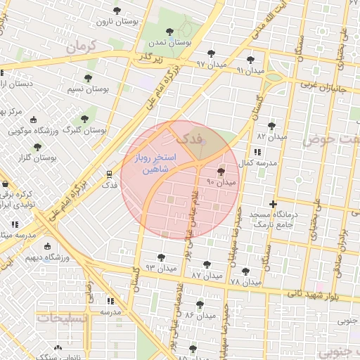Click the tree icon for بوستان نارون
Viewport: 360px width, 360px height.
(x=117, y=11)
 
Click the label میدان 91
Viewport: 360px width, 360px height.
(x=250, y=70)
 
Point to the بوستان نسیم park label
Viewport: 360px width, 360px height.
(x=86, y=89)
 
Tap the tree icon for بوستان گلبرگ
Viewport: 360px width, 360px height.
(x=85, y=119)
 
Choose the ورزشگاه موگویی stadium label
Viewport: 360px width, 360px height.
(x=37, y=130)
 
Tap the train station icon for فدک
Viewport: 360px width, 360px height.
(x=109, y=174)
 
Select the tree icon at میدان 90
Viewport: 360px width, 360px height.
(x=221, y=171)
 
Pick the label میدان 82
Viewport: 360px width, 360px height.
(x=271, y=136)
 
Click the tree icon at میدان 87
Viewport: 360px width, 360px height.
(x=196, y=266)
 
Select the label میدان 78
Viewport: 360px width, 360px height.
(x=245, y=282)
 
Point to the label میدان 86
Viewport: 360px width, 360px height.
(x=199, y=315)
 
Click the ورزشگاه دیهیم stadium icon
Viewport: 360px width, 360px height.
(x=47, y=246)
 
